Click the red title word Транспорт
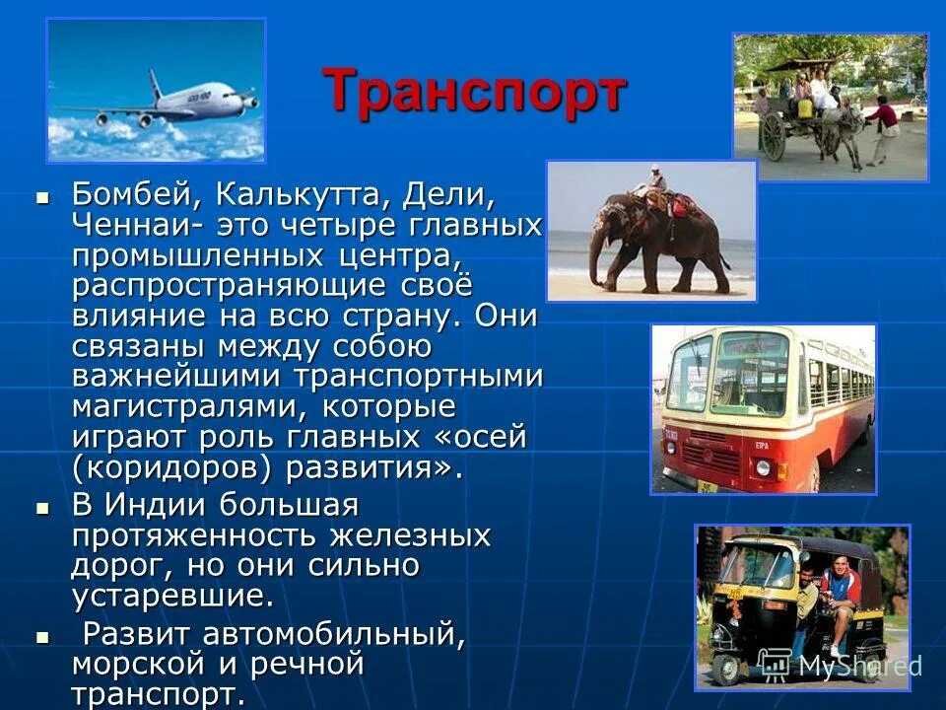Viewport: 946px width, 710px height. (x=474, y=93)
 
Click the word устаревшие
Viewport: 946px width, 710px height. (x=171, y=597)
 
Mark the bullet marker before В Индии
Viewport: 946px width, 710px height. (x=42, y=507)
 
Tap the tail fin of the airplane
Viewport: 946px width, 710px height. (x=155, y=84)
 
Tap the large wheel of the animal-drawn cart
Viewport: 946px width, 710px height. (x=774, y=138)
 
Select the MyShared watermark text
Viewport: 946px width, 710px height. (x=857, y=666)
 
